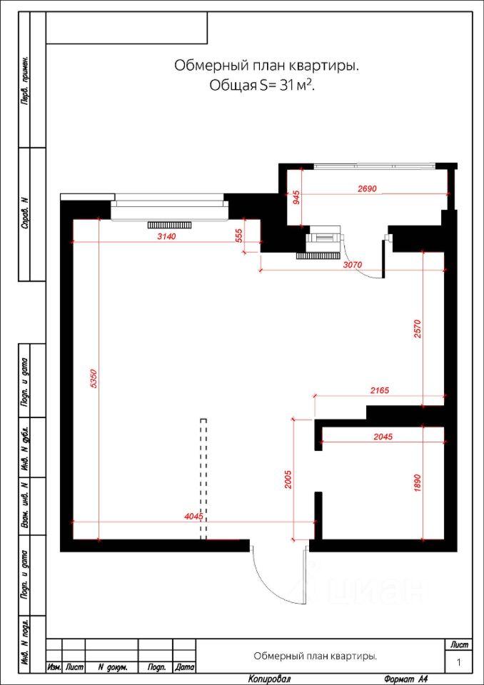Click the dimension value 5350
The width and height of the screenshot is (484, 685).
pos(92,379)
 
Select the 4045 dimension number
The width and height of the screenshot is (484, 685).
pos(193,517)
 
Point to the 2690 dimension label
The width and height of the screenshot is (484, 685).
pos(367,188)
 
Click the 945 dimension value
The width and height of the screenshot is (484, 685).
pos(296,199)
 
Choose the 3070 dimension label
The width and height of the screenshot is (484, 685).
pos(353,265)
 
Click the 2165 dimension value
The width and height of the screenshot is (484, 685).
pos(380,390)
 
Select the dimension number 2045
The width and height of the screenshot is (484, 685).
pos(383,437)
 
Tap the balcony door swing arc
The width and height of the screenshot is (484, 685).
pos(359,268)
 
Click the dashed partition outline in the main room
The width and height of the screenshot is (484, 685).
pos(203,479)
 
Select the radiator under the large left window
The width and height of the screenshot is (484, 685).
pos(170,225)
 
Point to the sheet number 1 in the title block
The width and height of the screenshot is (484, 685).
pos(458,663)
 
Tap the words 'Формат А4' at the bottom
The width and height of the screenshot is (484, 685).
pos(405,679)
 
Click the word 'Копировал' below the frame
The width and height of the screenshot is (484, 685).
pos(270,679)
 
